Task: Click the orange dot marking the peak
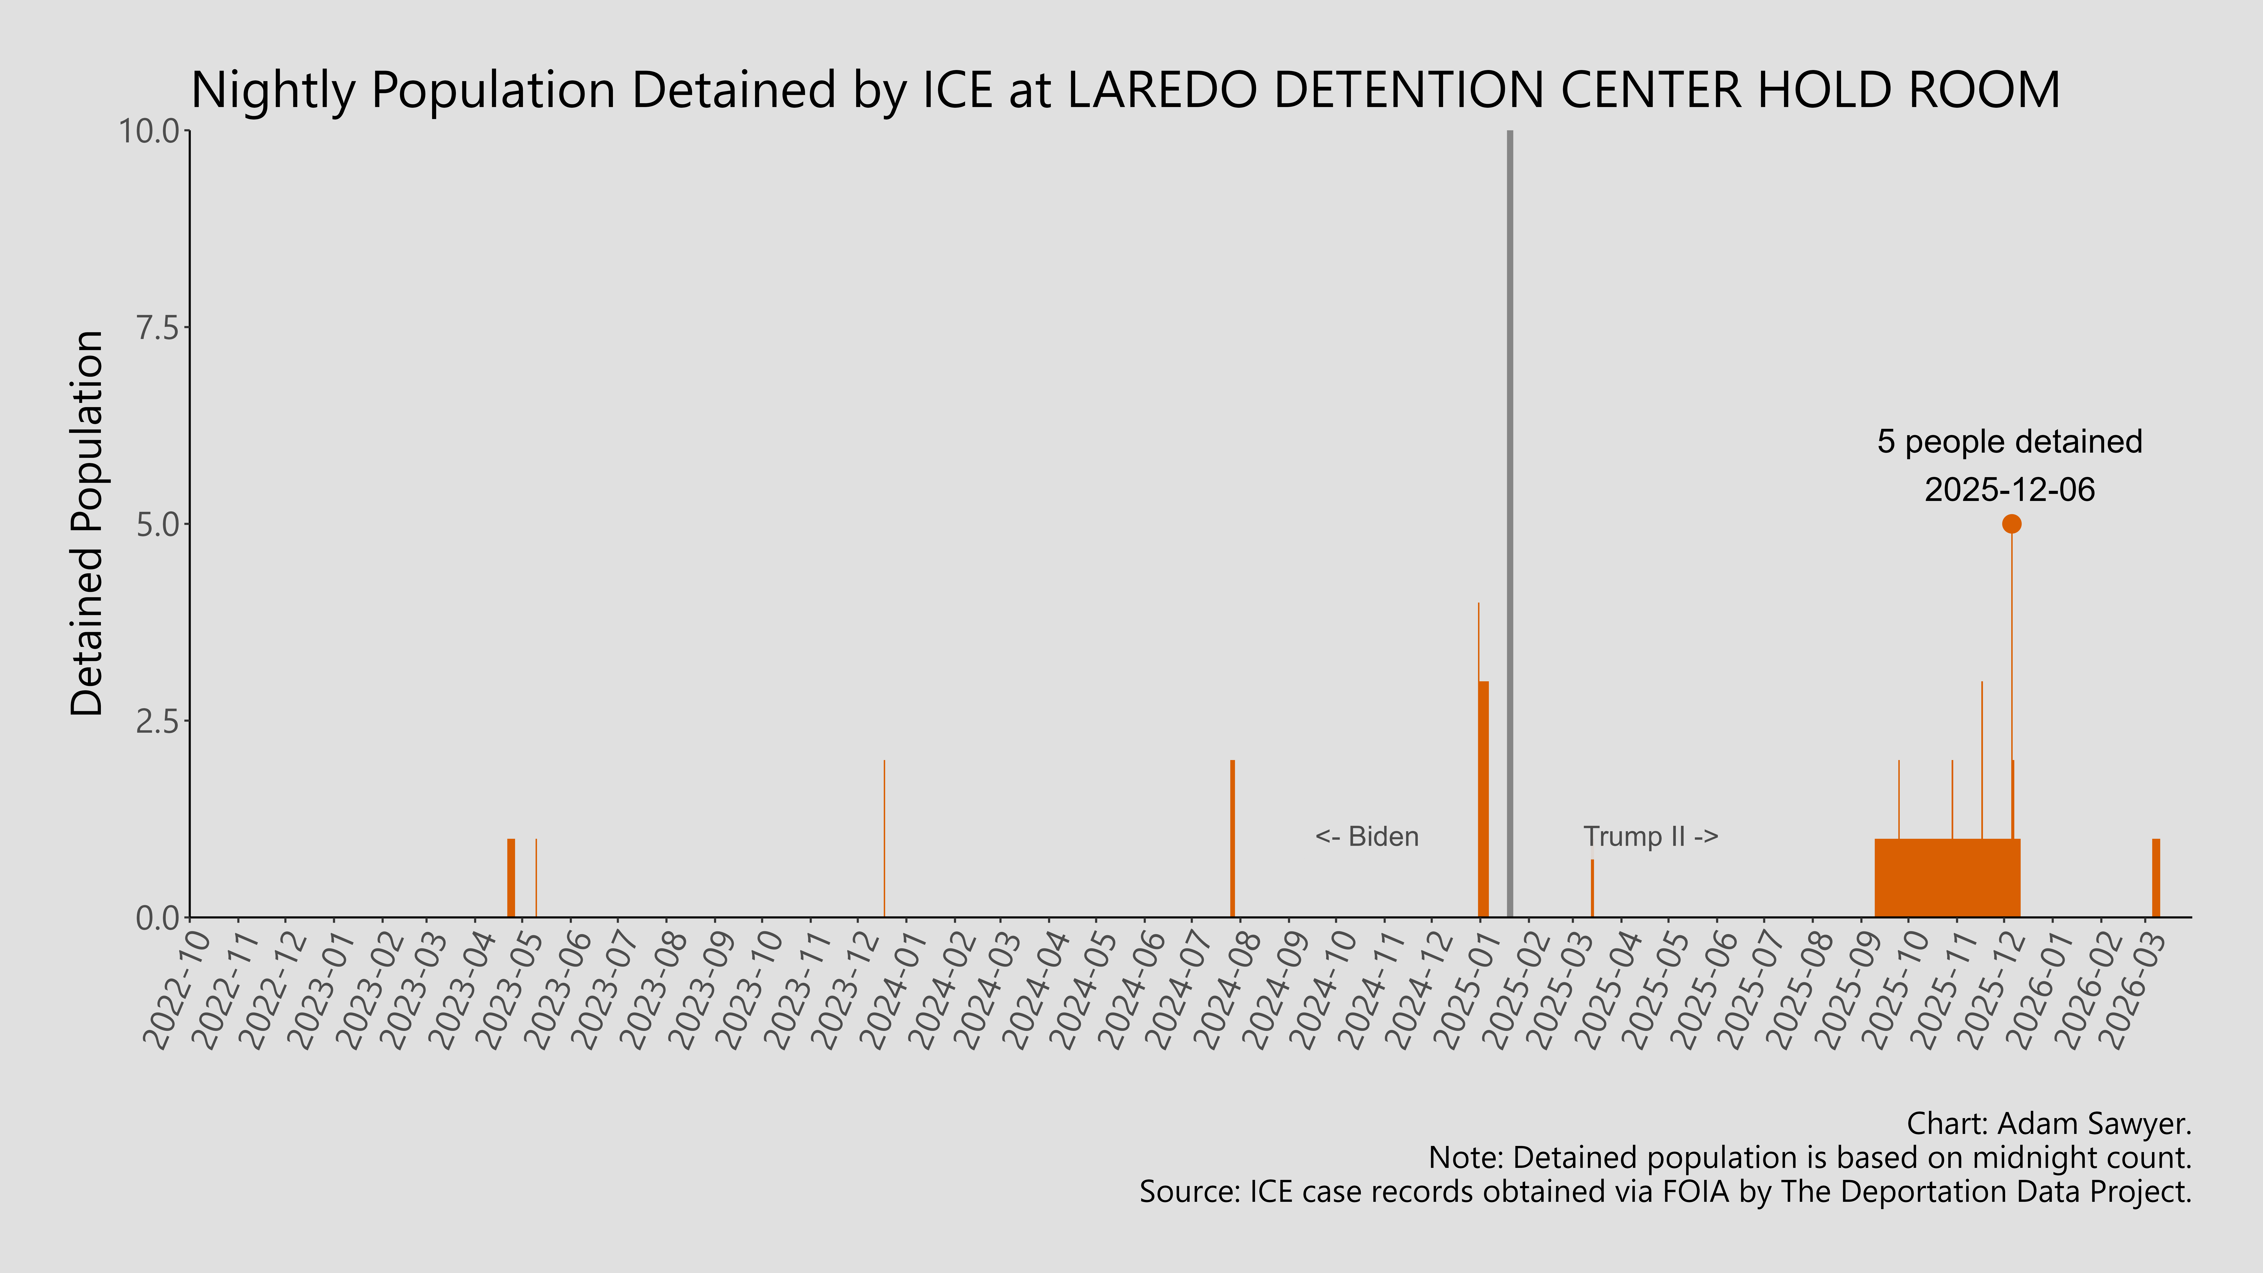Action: click(2011, 524)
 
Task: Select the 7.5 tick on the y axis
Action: click(158, 328)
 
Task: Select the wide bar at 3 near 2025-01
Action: click(1484, 799)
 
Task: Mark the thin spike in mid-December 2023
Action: click(884, 839)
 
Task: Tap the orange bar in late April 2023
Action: click(510, 879)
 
